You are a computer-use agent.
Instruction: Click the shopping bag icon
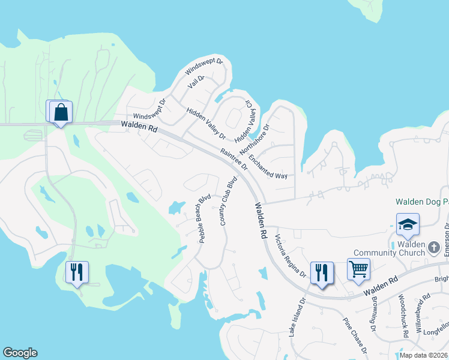(x=60, y=112)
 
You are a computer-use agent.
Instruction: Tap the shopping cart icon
(x=358, y=269)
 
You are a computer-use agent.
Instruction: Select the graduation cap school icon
(x=408, y=224)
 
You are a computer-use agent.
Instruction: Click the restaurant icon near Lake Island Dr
(x=322, y=273)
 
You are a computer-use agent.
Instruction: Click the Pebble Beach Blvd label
(x=205, y=218)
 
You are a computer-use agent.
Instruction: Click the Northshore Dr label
(x=255, y=140)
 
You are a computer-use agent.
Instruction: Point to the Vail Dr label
(x=196, y=82)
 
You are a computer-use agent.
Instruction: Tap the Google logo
(x=20, y=353)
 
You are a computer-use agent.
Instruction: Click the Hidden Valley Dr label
(x=206, y=123)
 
